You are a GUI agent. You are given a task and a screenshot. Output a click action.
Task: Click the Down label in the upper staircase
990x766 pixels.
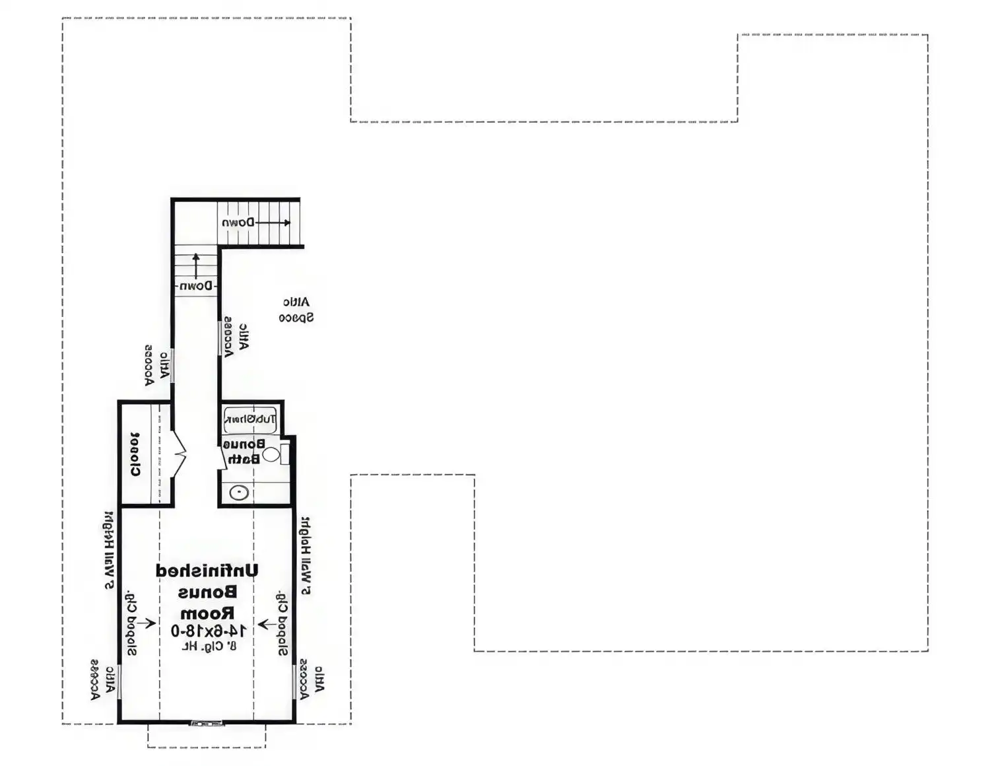(238, 223)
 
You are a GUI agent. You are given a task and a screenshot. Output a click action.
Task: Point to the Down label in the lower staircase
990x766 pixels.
(196, 287)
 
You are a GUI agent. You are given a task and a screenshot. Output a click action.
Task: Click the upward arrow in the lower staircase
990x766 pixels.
(196, 265)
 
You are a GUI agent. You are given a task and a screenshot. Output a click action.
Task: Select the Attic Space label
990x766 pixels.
(296, 310)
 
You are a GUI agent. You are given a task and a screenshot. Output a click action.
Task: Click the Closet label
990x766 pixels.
(135, 454)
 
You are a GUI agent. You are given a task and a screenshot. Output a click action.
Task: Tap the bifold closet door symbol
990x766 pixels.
(179, 454)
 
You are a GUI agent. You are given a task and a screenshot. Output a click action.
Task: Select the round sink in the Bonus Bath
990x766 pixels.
(239, 493)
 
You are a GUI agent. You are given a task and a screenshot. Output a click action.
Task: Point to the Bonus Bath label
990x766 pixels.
(244, 451)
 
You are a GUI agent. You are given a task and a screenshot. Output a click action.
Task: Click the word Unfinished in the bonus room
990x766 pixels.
(207, 571)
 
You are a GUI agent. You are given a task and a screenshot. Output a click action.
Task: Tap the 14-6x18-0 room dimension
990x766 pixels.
(209, 631)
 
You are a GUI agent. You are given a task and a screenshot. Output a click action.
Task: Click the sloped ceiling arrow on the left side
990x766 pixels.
(146, 623)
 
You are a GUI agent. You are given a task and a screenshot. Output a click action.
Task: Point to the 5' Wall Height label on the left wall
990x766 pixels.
(109, 550)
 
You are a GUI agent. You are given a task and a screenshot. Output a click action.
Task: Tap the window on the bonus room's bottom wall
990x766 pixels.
(207, 724)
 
